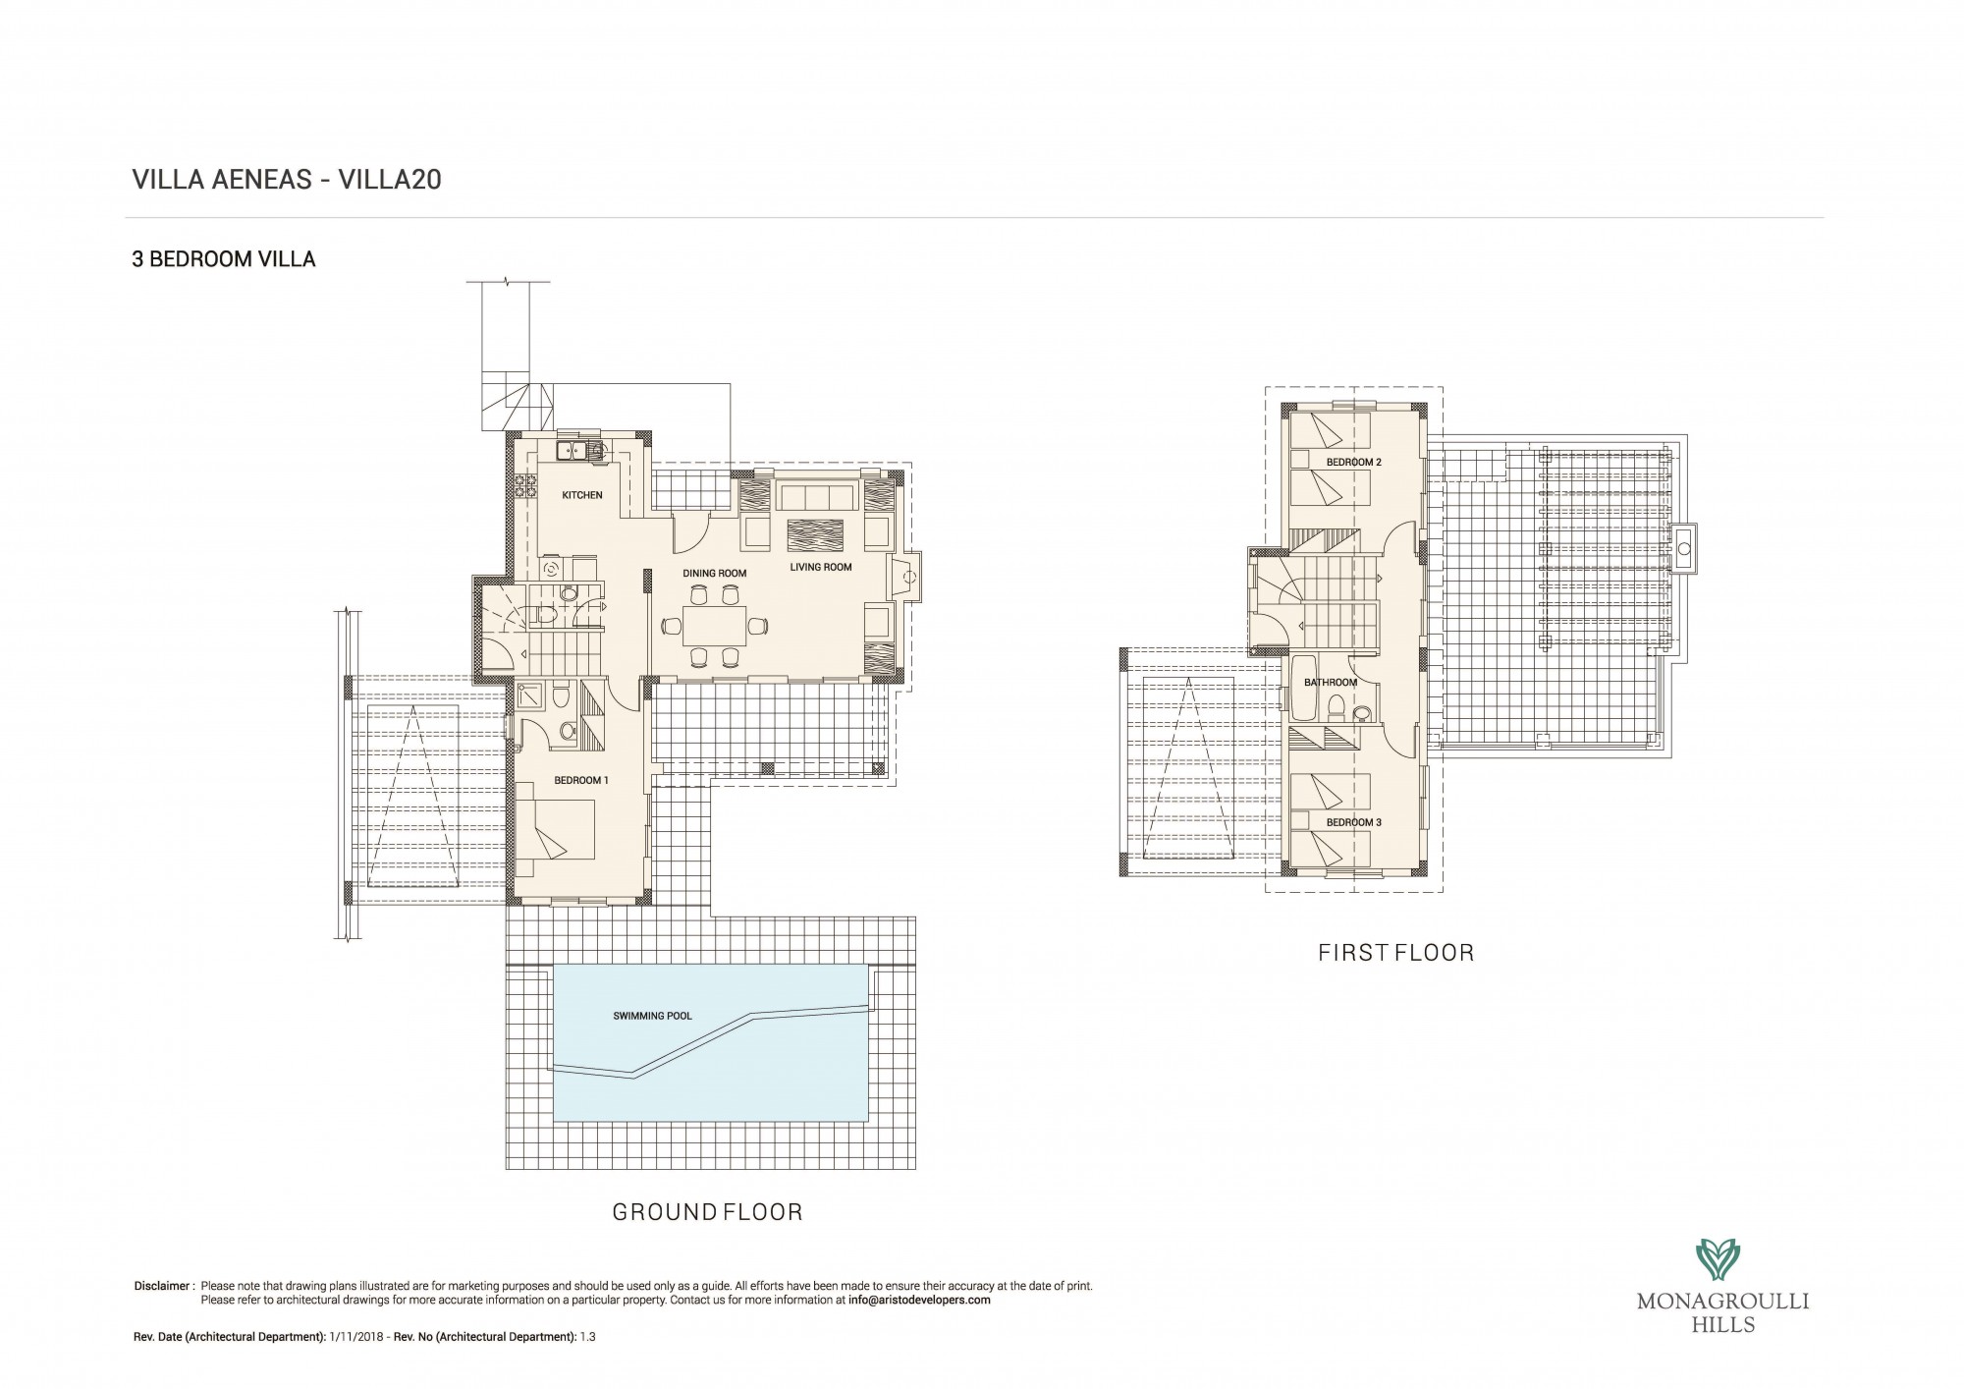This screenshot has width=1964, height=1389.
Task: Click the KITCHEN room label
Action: [582, 495]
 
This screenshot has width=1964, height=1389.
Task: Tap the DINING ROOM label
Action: [715, 574]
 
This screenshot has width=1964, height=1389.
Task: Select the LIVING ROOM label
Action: [821, 567]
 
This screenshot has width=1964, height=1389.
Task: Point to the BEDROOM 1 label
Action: [581, 780]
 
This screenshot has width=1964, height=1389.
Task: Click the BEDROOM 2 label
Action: [1354, 462]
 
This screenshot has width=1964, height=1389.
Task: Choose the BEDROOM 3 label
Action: [1354, 822]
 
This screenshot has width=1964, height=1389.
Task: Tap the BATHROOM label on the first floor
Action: [1331, 682]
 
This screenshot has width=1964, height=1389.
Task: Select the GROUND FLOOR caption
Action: [708, 1212]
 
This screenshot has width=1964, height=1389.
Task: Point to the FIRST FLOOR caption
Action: [1396, 952]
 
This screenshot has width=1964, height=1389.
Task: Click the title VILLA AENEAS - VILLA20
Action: [287, 180]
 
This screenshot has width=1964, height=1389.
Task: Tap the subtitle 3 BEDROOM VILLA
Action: [224, 260]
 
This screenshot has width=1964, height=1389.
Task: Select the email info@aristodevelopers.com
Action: [919, 1300]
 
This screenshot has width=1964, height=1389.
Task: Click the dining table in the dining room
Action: [713, 625]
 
